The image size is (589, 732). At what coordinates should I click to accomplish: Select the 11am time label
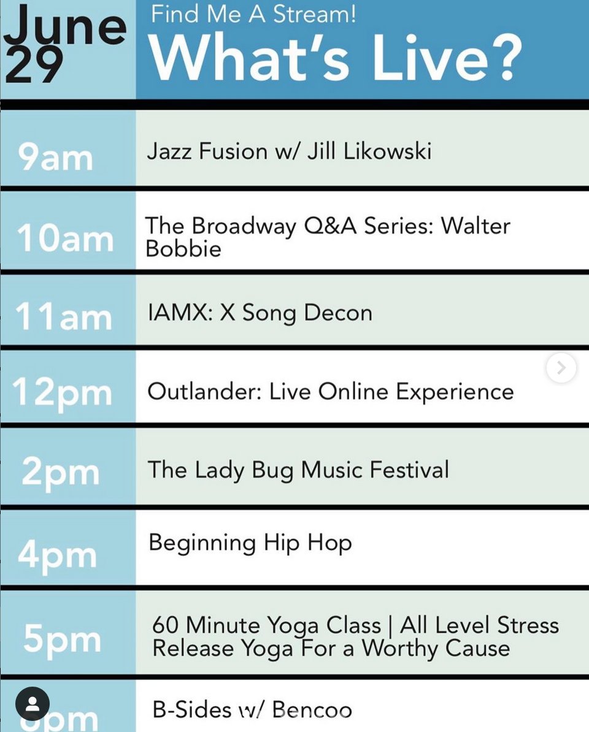[64, 317]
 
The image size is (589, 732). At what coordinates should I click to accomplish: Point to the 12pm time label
[63, 393]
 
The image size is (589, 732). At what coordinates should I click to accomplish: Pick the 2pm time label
[60, 473]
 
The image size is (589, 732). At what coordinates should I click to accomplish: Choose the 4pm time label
[57, 555]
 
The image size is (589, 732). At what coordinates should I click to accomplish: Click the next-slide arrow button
[561, 368]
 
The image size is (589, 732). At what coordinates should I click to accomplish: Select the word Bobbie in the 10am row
[183, 249]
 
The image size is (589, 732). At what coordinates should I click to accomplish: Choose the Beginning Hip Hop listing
[250, 543]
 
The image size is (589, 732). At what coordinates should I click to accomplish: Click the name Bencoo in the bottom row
[312, 710]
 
